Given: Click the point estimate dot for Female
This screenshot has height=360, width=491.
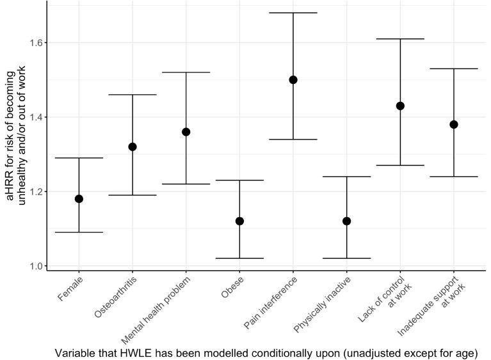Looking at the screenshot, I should tap(79, 199).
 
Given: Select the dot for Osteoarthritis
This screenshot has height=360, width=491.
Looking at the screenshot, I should tap(133, 147).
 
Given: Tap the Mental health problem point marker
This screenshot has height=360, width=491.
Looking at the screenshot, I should tap(186, 132).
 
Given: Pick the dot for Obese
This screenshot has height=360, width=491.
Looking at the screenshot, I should tap(239, 221).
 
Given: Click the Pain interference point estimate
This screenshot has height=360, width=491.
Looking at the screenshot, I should tap(293, 80).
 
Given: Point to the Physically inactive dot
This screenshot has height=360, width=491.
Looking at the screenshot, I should tap(346, 221).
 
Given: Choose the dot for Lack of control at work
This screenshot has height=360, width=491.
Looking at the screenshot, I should tap(400, 106).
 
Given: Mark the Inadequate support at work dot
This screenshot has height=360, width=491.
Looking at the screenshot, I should tap(453, 124).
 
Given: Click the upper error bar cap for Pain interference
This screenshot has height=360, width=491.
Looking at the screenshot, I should tap(293, 13).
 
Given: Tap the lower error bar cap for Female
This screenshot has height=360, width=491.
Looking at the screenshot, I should tap(79, 232).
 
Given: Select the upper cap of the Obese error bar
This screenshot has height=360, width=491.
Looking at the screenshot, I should tap(239, 180).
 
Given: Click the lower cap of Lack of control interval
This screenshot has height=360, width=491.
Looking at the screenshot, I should tap(400, 165).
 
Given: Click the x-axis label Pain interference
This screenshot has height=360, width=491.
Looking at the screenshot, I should tap(270, 301).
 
